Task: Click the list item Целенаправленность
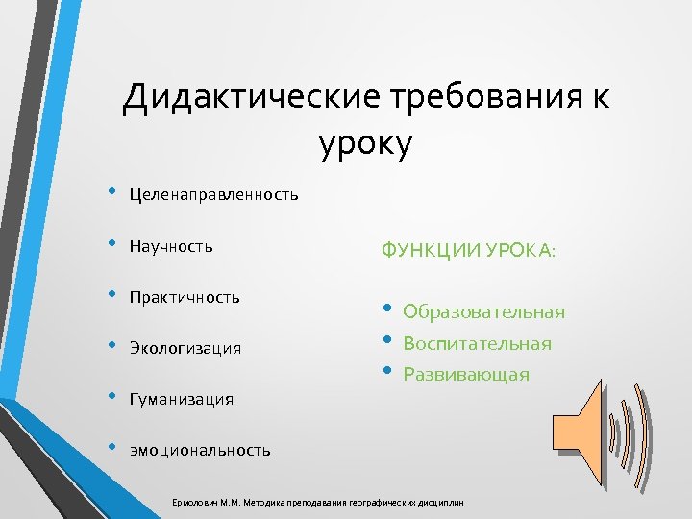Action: click(213, 196)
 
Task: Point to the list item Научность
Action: click(171, 247)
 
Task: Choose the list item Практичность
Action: click(185, 297)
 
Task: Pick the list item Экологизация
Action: click(185, 348)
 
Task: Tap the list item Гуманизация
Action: click(182, 399)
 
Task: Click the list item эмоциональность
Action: click(200, 450)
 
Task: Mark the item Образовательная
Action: click(483, 312)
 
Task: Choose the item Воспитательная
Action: click(477, 343)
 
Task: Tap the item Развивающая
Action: click(465, 374)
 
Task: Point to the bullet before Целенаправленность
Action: click(112, 192)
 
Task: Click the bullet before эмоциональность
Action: click(112, 446)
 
